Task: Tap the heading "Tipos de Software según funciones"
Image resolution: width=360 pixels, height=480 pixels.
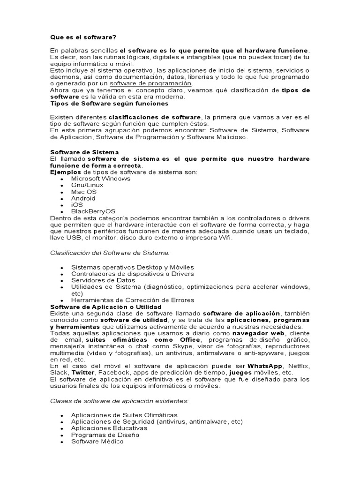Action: pyautogui.click(x=109, y=103)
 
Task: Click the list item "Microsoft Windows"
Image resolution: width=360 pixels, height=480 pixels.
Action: pyautogui.click(x=101, y=179)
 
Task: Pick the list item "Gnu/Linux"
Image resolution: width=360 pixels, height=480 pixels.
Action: pyautogui.click(x=87, y=185)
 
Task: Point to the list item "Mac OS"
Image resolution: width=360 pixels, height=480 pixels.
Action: pyautogui.click(x=84, y=192)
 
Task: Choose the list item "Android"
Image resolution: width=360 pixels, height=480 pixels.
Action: pyautogui.click(x=83, y=198)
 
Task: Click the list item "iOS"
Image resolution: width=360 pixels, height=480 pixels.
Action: pyautogui.click(x=77, y=205)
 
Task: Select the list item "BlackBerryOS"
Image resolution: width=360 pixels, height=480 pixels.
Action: pyautogui.click(x=93, y=211)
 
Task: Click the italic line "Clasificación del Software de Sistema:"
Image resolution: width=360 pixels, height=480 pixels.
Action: pyautogui.click(x=110, y=253)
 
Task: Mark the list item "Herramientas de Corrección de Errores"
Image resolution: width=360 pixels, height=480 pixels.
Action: pyautogui.click(x=133, y=300)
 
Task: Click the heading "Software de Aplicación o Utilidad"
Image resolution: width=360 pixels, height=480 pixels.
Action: pyautogui.click(x=105, y=307)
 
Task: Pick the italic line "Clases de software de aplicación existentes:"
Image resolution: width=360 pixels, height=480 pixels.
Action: pyautogui.click(x=119, y=401)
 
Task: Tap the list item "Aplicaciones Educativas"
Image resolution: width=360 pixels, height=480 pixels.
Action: pyautogui.click(x=109, y=428)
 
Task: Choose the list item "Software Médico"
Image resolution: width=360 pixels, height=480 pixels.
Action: pyautogui.click(x=97, y=441)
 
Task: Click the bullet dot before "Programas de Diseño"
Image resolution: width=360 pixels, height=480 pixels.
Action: pyautogui.click(x=62, y=435)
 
